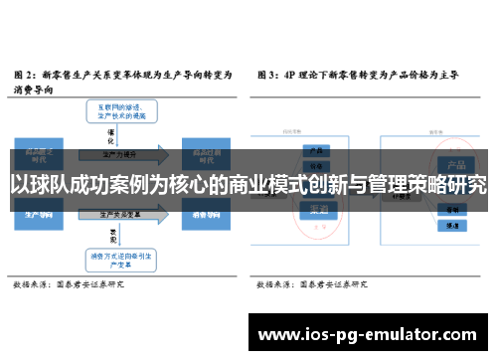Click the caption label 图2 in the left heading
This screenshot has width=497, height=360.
point(25,74)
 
